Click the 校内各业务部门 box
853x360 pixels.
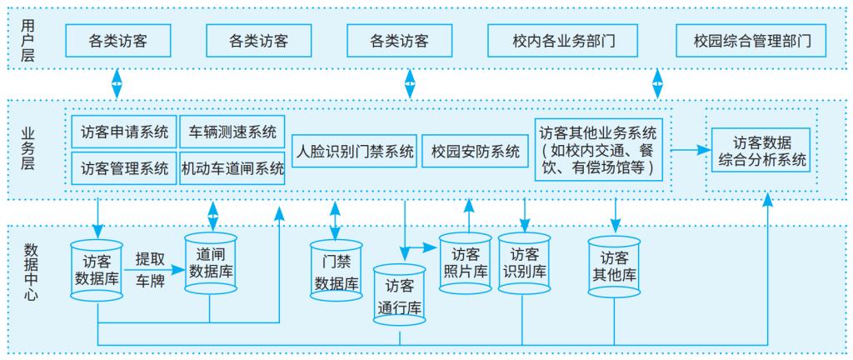(563, 39)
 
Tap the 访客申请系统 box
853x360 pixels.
(124, 132)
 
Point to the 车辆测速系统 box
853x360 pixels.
(232, 132)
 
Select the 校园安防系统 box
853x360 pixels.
(476, 151)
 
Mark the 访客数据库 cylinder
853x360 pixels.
(98, 269)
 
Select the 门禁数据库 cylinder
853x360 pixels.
(336, 271)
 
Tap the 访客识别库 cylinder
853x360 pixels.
(524, 262)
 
